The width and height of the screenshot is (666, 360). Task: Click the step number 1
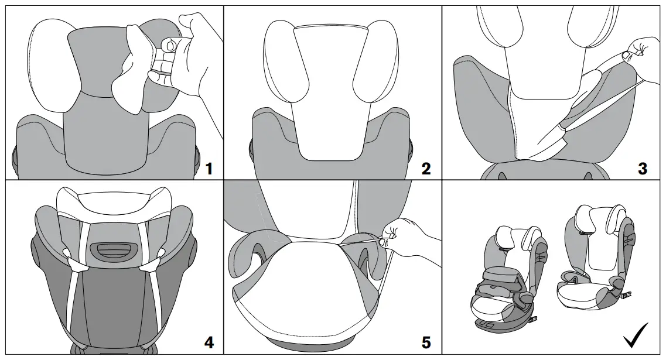point(209,169)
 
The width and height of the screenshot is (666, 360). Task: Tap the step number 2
point(426,169)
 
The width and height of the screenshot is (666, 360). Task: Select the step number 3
point(643,169)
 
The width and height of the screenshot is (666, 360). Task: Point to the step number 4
point(209,342)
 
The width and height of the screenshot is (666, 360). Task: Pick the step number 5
point(426,342)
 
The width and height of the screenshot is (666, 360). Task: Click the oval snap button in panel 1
point(169,45)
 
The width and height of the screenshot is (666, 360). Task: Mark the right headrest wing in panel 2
point(375,64)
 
